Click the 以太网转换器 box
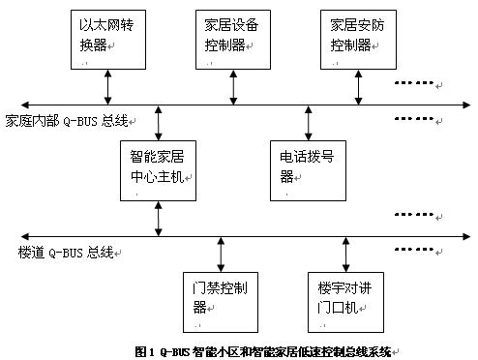coord(108,40)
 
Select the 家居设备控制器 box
coord(233,40)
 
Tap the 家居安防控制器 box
coord(358,40)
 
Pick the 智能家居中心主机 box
coord(158,170)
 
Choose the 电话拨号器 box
coord(308,170)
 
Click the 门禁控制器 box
coord(221,302)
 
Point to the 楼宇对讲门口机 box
coord(345,302)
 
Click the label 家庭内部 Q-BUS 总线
coord(67,121)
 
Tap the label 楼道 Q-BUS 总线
coord(66,253)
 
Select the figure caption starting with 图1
coord(263,351)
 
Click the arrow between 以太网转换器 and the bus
coord(108,87)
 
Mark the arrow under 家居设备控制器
coord(233,87)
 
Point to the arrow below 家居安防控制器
coord(358,87)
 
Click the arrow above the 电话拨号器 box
coord(309,123)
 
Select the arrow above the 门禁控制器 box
coord(221,255)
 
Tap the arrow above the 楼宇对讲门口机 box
coord(345,255)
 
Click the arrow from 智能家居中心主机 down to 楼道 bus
coord(158,219)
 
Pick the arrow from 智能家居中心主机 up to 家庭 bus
coord(158,123)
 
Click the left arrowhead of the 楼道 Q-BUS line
coord(24,236)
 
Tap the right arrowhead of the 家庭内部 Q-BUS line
coord(466,105)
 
